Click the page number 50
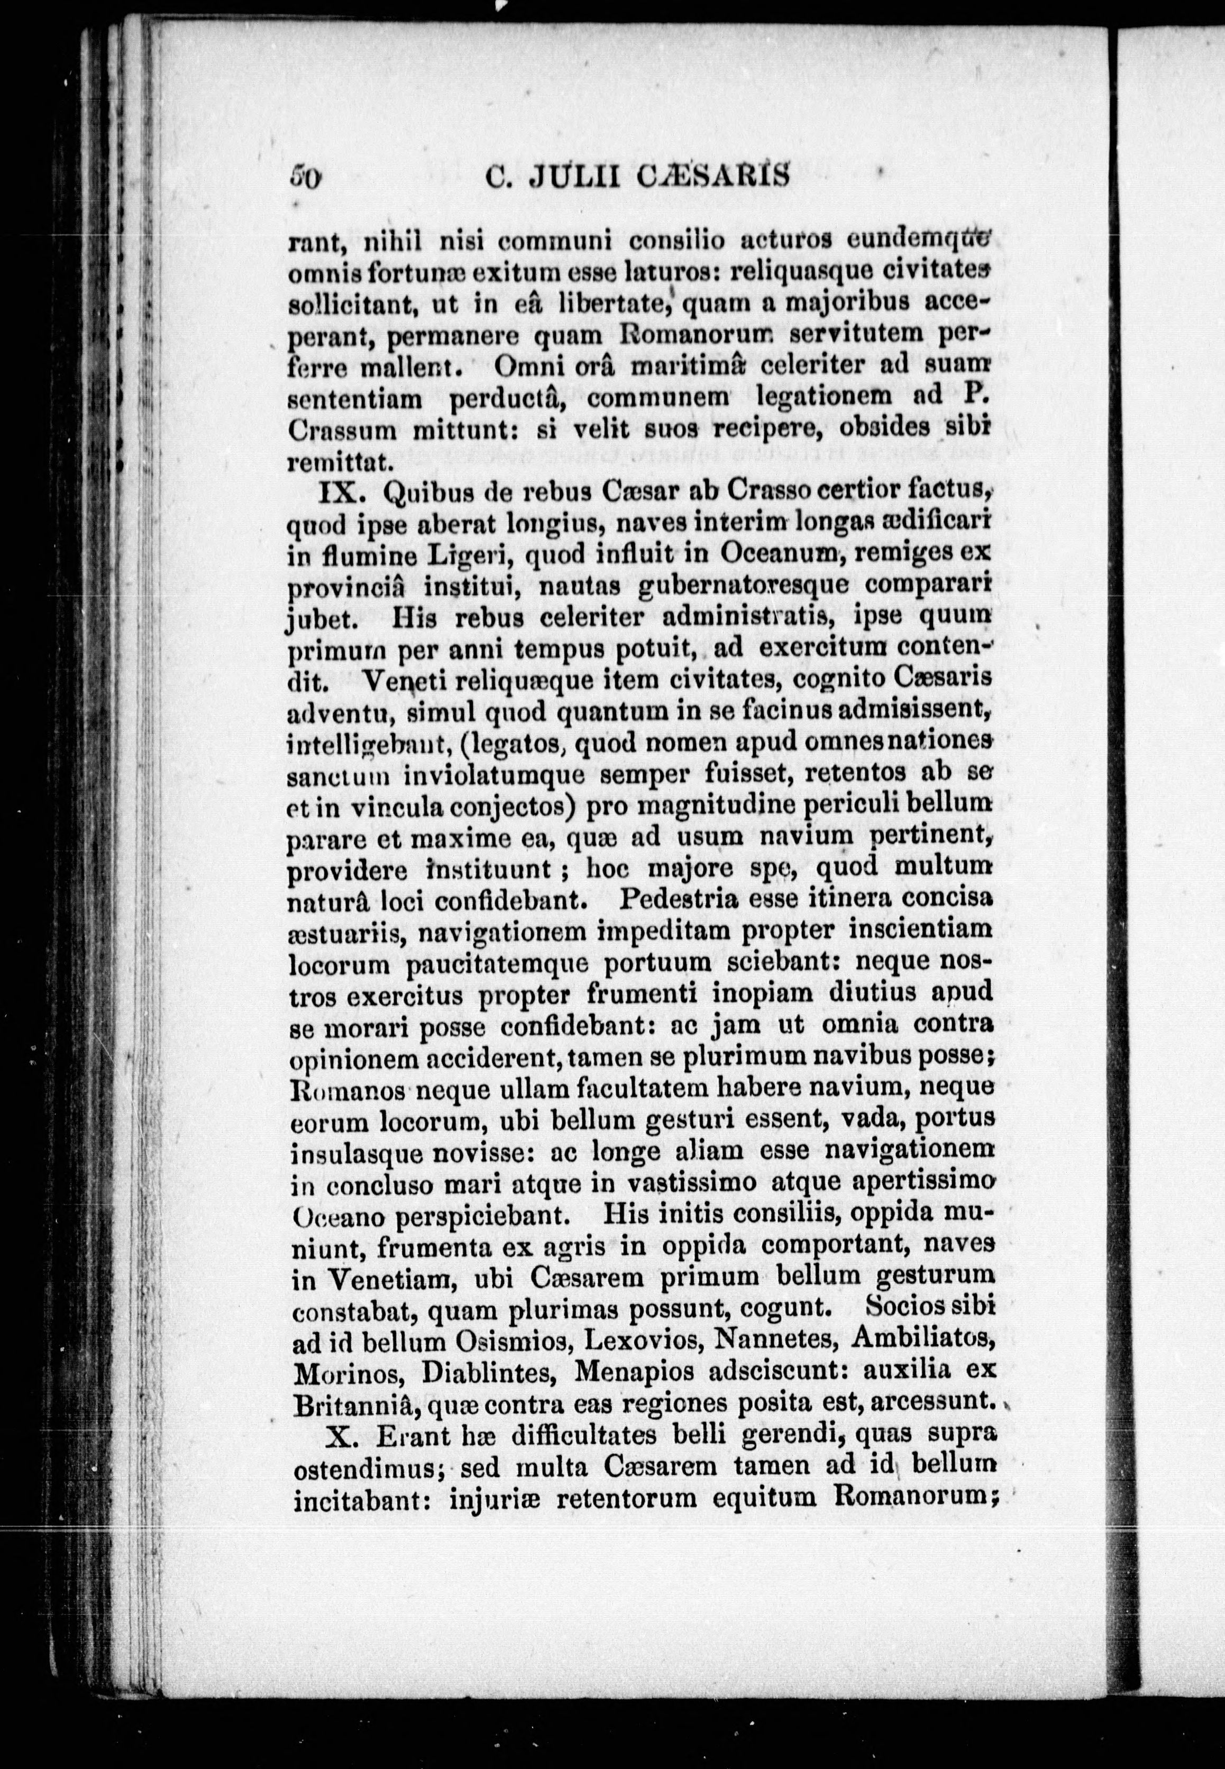click(304, 178)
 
